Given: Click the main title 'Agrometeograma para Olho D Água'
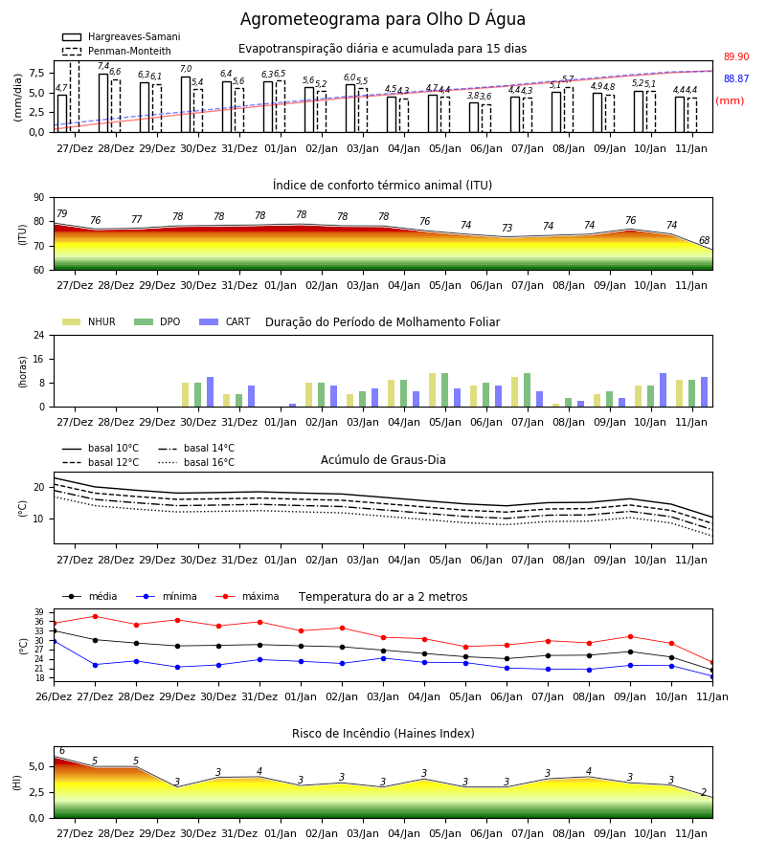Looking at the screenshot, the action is (382, 19).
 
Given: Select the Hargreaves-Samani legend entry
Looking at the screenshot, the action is (121, 36).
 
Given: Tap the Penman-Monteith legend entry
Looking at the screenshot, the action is (117, 51).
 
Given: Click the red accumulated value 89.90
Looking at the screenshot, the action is (736, 56).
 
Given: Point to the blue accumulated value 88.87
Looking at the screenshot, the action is (736, 78).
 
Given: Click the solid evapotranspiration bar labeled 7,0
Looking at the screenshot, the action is (186, 104).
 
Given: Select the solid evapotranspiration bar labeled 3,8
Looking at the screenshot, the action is (474, 118).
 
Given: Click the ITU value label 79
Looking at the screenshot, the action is (61, 213).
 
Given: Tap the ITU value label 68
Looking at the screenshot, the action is (704, 240).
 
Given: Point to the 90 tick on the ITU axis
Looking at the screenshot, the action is (38, 198).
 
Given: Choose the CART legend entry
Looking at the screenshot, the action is (225, 321).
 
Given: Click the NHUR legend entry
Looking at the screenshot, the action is (89, 321).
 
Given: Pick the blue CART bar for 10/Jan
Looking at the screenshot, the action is (664, 390).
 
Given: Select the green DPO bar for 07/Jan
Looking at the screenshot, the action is (527, 390).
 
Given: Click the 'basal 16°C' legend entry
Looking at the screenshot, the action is (196, 462).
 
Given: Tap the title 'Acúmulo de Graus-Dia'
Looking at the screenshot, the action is (383, 460).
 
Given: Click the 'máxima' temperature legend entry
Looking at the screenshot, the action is (248, 596).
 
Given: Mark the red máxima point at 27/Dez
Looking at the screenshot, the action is (95, 617).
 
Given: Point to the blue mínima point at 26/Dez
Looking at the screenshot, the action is (54, 641).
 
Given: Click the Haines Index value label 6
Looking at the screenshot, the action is (62, 751).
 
